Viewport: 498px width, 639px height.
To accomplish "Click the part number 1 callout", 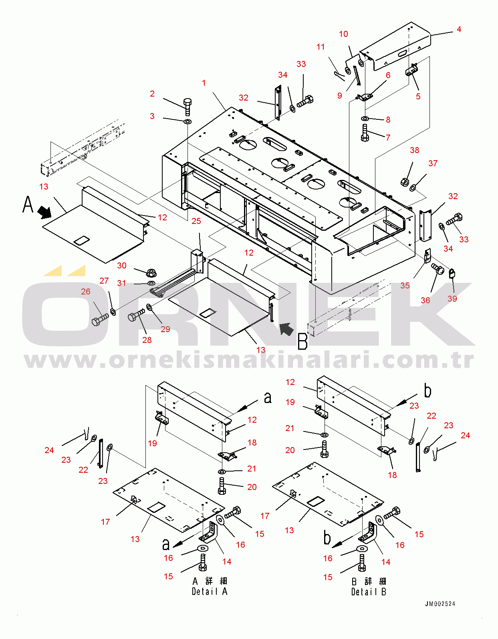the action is click(x=204, y=83).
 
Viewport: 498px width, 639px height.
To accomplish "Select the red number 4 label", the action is click(x=459, y=29).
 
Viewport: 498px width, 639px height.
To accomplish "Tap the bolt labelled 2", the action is click(x=188, y=106).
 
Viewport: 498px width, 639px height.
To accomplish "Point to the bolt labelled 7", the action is click(x=365, y=133).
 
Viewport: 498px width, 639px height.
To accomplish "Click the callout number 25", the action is click(x=196, y=221).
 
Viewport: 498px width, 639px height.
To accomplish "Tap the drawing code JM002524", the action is click(x=440, y=604).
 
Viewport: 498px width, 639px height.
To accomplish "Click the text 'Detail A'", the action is click(x=210, y=591).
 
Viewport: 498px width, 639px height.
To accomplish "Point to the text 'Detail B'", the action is click(x=369, y=592).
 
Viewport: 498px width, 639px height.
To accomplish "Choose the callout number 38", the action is click(x=414, y=150).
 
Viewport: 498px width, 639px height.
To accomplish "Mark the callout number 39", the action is click(x=452, y=299).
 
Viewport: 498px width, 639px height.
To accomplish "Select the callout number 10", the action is click(x=343, y=34).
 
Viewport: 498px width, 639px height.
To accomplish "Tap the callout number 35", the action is click(x=405, y=286).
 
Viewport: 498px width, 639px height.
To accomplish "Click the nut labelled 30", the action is click(x=151, y=273).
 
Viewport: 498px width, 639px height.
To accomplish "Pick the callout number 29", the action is click(x=165, y=329).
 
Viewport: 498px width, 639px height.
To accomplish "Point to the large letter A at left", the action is click(x=28, y=204).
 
